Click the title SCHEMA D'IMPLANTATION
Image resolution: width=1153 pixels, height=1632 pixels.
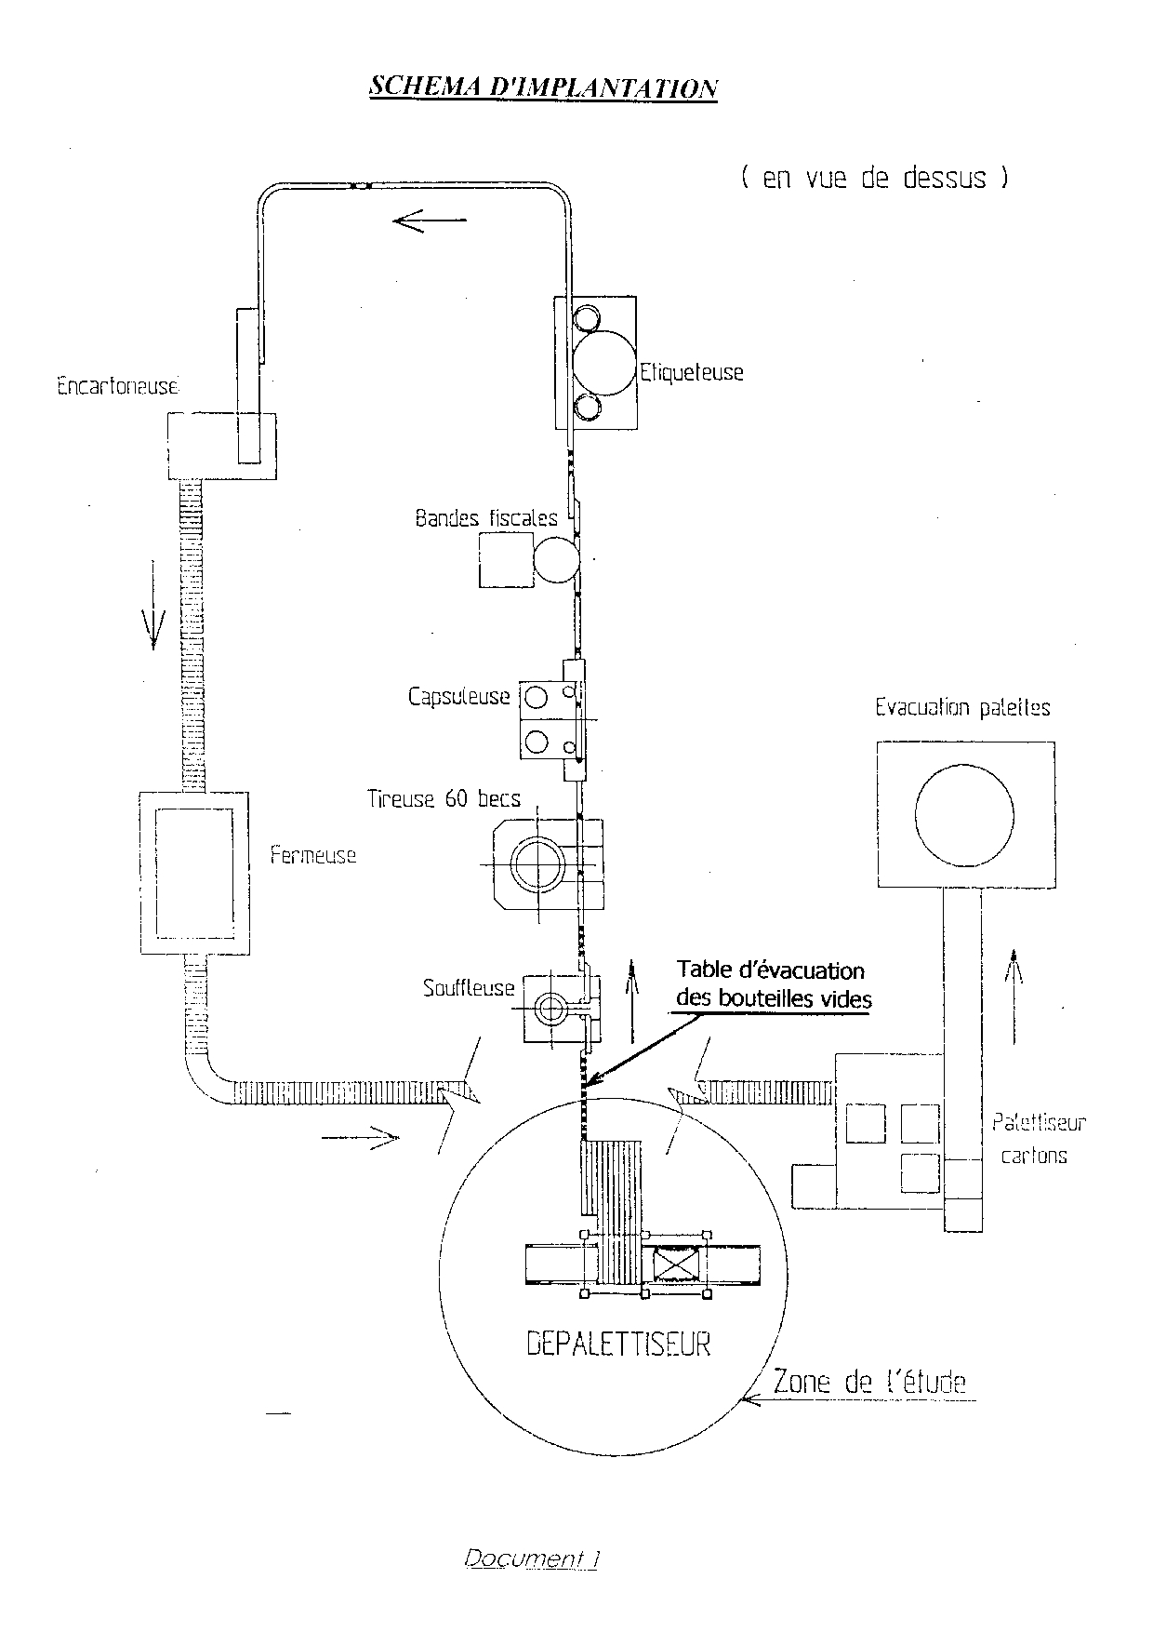pos(543,87)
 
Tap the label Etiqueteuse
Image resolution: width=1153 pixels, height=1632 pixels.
pos(691,372)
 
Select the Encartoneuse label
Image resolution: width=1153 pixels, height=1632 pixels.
pos(117,386)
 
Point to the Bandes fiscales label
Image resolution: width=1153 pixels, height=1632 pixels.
pos(486,518)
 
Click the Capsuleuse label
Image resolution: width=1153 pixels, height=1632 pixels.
pos(459,696)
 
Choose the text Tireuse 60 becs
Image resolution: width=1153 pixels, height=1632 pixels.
pos(444,798)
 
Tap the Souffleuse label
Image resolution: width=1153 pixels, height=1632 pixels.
pos(469,988)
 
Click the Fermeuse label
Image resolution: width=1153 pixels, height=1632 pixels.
pos(313,855)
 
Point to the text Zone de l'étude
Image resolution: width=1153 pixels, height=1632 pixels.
pos(869,1383)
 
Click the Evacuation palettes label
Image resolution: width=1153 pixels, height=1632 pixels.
pos(962,708)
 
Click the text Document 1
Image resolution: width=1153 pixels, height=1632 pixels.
pos(531,1559)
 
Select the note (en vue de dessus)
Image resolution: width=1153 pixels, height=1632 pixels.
pos(874,178)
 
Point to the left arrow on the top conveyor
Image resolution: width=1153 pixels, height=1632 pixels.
pos(430,221)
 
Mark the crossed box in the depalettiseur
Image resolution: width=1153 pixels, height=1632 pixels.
pos(674,1264)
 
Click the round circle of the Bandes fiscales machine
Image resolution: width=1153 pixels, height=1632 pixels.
pos(557,560)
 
